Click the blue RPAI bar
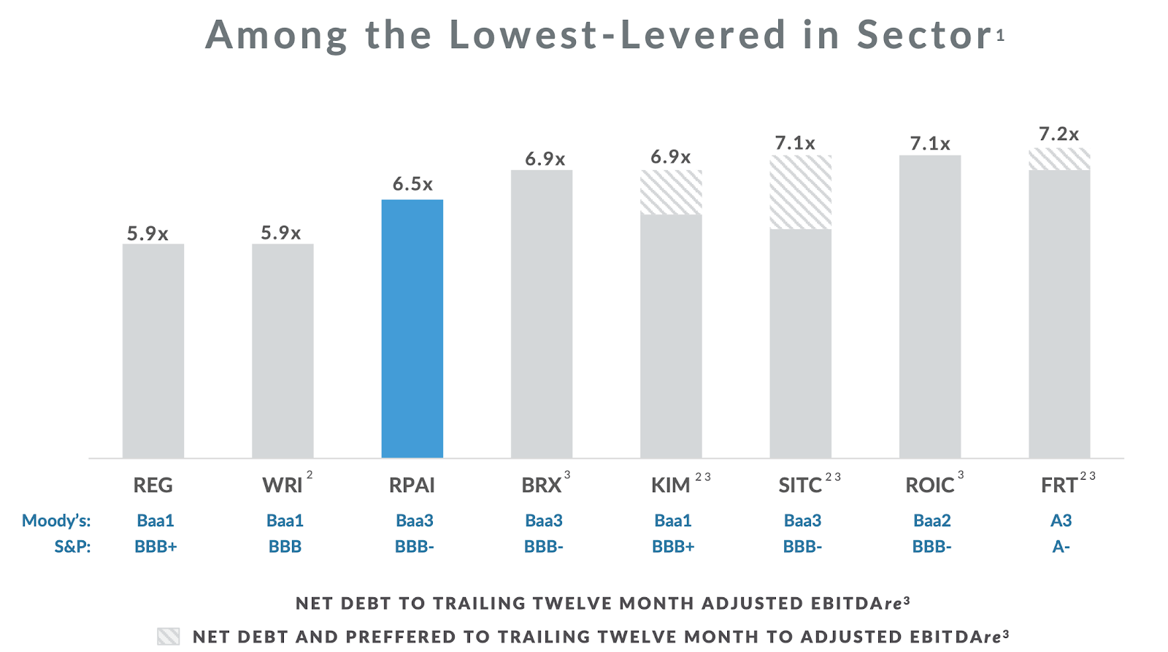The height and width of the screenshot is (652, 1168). (412, 329)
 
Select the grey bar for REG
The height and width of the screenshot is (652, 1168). (153, 350)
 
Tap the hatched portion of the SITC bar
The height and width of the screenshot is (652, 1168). (800, 192)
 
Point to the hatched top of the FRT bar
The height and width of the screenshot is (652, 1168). (1059, 159)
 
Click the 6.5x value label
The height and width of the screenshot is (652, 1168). (412, 184)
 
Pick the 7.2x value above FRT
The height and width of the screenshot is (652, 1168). (1058, 134)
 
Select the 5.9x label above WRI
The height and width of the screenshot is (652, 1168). (281, 233)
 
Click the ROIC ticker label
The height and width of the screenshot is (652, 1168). (929, 486)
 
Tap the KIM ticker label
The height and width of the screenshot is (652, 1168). (670, 486)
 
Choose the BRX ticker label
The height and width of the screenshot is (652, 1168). (541, 486)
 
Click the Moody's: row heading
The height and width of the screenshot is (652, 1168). (56, 521)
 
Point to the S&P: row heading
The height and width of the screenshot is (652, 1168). (72, 547)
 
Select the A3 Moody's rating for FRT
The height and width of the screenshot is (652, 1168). (1061, 521)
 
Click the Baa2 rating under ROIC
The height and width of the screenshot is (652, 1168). (931, 521)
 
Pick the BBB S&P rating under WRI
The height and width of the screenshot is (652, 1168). (285, 547)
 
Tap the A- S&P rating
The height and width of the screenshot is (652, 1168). (1061, 547)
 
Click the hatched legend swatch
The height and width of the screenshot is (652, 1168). (168, 636)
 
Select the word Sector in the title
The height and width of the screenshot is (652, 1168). (924, 34)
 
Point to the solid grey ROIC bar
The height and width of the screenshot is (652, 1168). (929, 307)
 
